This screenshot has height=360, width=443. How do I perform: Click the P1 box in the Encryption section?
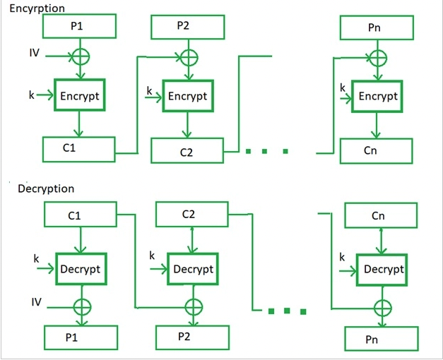click(x=79, y=26)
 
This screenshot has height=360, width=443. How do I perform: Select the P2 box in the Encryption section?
click(x=188, y=27)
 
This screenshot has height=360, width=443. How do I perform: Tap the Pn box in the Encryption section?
click(x=377, y=28)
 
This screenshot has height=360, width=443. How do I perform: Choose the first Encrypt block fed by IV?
click(x=80, y=95)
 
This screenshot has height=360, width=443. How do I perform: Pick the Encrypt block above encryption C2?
click(x=188, y=96)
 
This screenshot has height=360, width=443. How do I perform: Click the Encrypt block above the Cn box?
click(x=377, y=97)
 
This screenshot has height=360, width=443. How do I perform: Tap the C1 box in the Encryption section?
click(x=79, y=150)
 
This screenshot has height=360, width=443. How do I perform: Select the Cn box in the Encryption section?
click(x=377, y=151)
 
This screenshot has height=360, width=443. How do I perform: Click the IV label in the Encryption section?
click(x=34, y=53)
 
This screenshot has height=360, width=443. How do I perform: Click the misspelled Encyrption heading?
click(x=37, y=8)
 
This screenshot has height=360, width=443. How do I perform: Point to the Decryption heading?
click(x=46, y=188)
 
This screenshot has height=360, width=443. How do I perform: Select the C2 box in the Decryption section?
click(x=192, y=214)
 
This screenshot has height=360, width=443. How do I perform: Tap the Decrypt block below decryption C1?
click(x=81, y=269)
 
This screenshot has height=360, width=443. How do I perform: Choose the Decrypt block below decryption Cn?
click(x=382, y=270)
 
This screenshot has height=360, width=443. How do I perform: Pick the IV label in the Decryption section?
click(x=37, y=302)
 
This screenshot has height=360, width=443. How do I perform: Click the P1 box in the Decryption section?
click(x=81, y=337)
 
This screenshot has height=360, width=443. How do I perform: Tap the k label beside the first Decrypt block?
click(x=36, y=258)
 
